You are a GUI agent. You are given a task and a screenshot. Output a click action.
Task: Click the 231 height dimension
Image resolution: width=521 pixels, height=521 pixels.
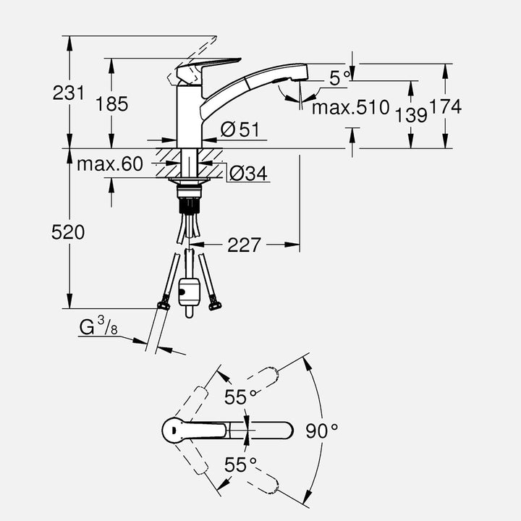pyautogui.click(x=68, y=93)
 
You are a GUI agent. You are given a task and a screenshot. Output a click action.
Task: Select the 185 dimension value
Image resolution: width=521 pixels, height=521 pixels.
pyautogui.click(x=111, y=104)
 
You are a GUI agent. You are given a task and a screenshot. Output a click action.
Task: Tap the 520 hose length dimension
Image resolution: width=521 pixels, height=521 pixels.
pyautogui.click(x=68, y=232)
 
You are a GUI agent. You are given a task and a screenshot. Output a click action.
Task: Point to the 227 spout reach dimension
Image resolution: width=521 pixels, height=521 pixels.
pyautogui.click(x=244, y=245)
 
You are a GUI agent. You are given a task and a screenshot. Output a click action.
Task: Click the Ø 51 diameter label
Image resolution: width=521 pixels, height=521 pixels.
pyautogui.click(x=240, y=130)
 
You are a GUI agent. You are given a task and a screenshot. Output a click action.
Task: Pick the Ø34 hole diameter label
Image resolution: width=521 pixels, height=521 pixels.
pyautogui.click(x=248, y=174)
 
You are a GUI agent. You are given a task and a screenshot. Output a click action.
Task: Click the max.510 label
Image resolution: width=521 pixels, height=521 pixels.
pyautogui.click(x=351, y=109)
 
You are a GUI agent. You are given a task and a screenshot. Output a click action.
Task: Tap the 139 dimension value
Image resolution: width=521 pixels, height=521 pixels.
pyautogui.click(x=411, y=114)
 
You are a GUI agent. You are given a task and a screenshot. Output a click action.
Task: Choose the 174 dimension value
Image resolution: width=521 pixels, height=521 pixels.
pyautogui.click(x=445, y=107)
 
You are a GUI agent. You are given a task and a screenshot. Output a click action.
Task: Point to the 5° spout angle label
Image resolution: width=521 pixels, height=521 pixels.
pyautogui.click(x=339, y=78)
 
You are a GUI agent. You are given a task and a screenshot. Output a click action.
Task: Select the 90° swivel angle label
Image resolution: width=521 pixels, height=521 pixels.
pyautogui.click(x=322, y=431)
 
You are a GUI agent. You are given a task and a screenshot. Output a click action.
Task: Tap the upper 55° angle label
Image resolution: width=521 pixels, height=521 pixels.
pyautogui.click(x=241, y=397)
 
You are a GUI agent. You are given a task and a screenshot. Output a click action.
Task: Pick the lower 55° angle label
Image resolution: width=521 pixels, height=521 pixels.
pyautogui.click(x=241, y=465)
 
